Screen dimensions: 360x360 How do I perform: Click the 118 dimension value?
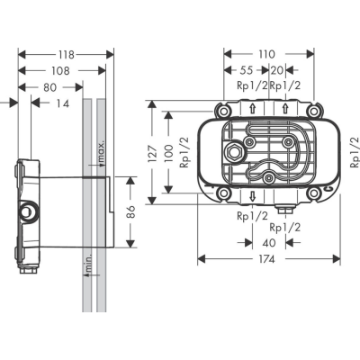66,55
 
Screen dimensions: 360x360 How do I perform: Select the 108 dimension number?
61,71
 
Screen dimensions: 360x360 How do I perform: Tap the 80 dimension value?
49,87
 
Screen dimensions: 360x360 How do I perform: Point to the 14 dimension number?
62,103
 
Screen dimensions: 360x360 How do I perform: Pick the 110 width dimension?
266,54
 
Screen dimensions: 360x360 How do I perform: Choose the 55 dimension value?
247,70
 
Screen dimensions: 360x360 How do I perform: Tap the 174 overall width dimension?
266,259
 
